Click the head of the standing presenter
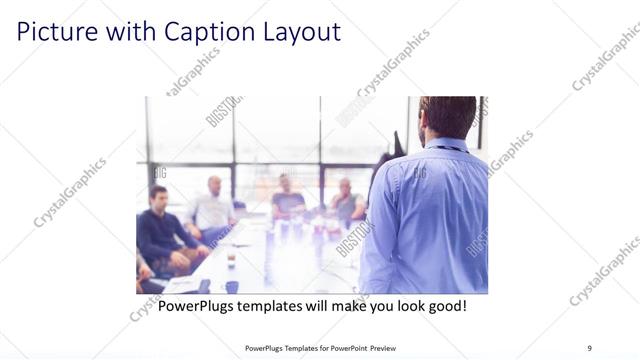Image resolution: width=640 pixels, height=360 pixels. click(x=448, y=118)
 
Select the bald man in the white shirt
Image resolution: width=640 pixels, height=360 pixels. click(x=212, y=206)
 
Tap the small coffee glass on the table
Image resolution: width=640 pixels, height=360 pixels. click(x=231, y=261)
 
